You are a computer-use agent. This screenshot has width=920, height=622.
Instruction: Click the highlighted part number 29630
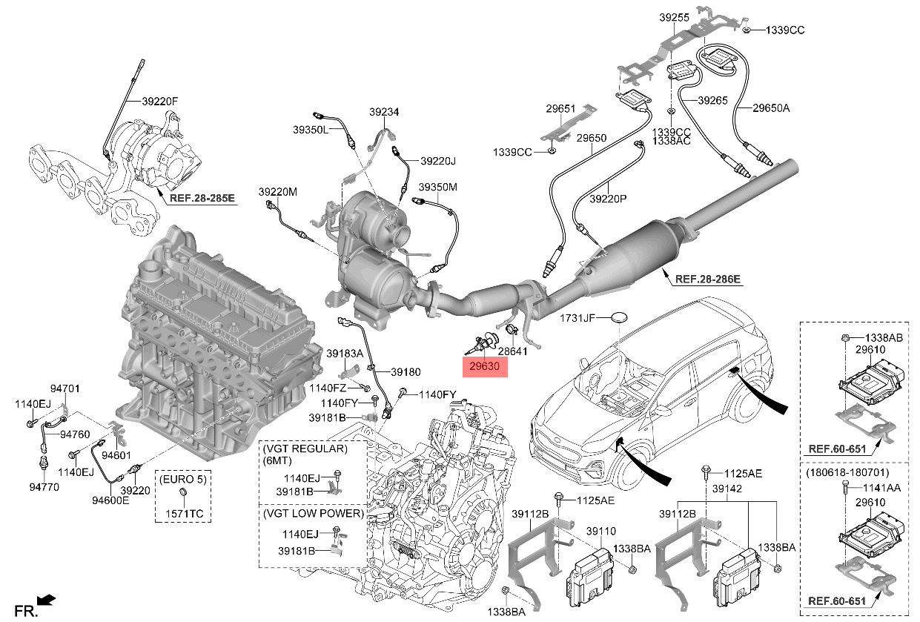(x=483, y=366)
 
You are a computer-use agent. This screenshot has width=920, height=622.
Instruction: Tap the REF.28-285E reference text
(x=202, y=198)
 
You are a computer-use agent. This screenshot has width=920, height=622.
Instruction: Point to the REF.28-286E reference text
(x=707, y=279)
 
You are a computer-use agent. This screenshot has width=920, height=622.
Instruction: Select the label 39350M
(x=437, y=187)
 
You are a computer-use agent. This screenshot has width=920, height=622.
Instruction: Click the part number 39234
(x=384, y=112)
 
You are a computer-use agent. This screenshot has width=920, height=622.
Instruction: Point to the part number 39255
(x=675, y=17)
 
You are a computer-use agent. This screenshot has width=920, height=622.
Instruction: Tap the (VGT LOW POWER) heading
(x=312, y=513)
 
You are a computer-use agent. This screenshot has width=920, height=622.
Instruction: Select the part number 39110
(x=600, y=532)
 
